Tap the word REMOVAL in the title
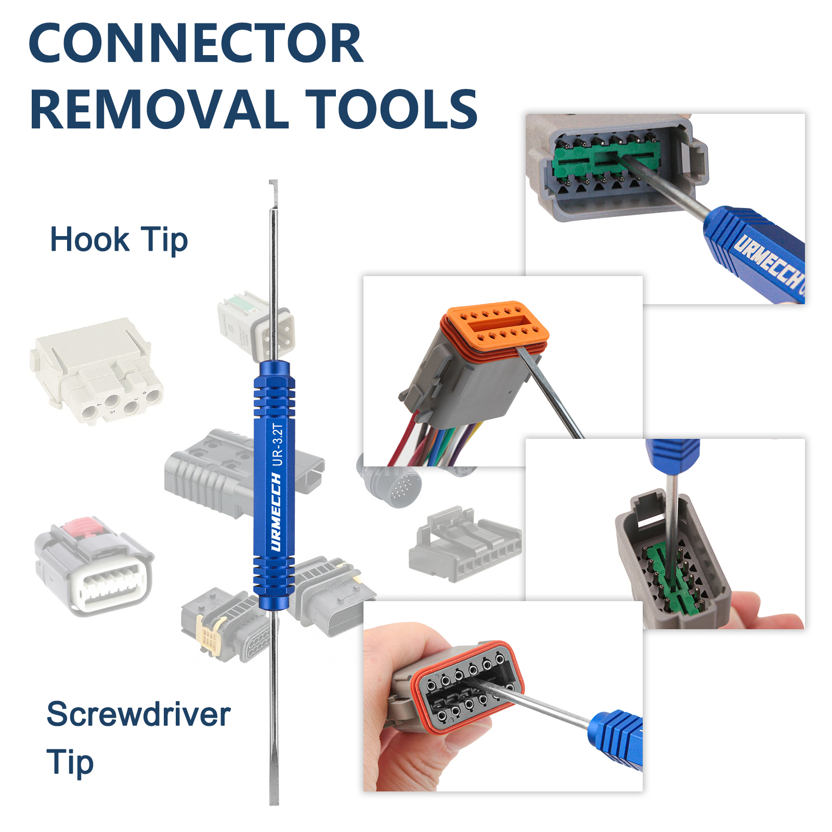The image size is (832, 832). [x=159, y=110]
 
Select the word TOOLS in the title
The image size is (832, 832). [x=391, y=110]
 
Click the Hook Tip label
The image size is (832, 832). [x=119, y=240]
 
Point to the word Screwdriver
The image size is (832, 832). [x=138, y=714]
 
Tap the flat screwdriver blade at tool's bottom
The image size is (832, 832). [x=274, y=780]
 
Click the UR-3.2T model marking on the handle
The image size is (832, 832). [x=278, y=445]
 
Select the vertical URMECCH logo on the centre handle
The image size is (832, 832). [x=276, y=512]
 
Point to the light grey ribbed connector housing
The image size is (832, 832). [x=465, y=546]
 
